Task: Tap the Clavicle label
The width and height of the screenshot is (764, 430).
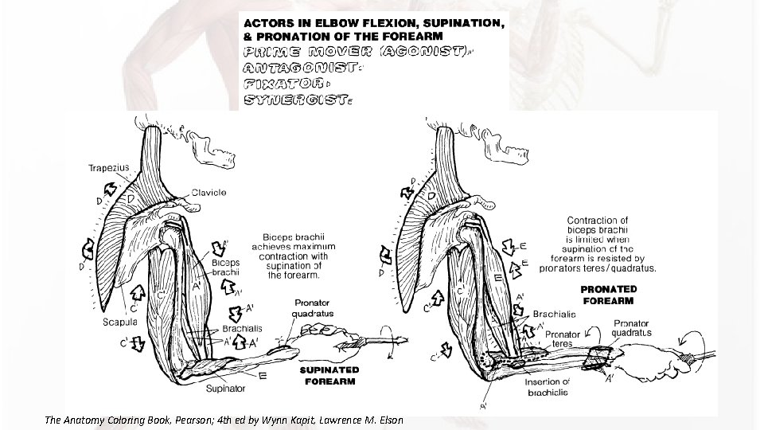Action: click(x=210, y=193)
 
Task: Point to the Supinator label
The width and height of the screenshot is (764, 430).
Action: click(x=225, y=389)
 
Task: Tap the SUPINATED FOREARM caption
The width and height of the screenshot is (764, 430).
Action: click(x=329, y=375)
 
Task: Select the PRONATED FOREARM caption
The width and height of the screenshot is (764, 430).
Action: click(x=608, y=295)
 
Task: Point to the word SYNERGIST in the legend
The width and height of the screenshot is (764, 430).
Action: click(x=294, y=100)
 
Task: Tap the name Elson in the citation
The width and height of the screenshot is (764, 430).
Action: click(x=388, y=419)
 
